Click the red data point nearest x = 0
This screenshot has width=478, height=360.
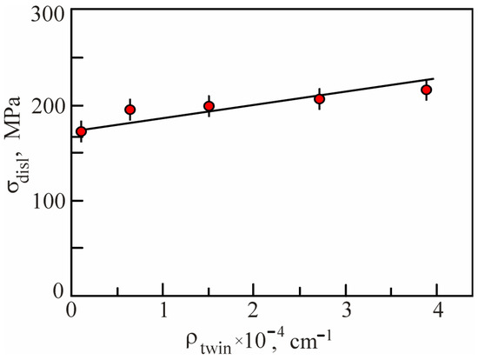click(82, 132)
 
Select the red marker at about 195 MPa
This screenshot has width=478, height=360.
click(130, 110)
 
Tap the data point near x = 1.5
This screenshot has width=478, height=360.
click(209, 106)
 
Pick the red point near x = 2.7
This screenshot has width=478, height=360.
click(319, 99)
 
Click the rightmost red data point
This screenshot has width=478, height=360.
click(427, 90)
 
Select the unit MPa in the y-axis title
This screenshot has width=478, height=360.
click(17, 136)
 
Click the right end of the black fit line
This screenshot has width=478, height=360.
click(434, 79)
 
